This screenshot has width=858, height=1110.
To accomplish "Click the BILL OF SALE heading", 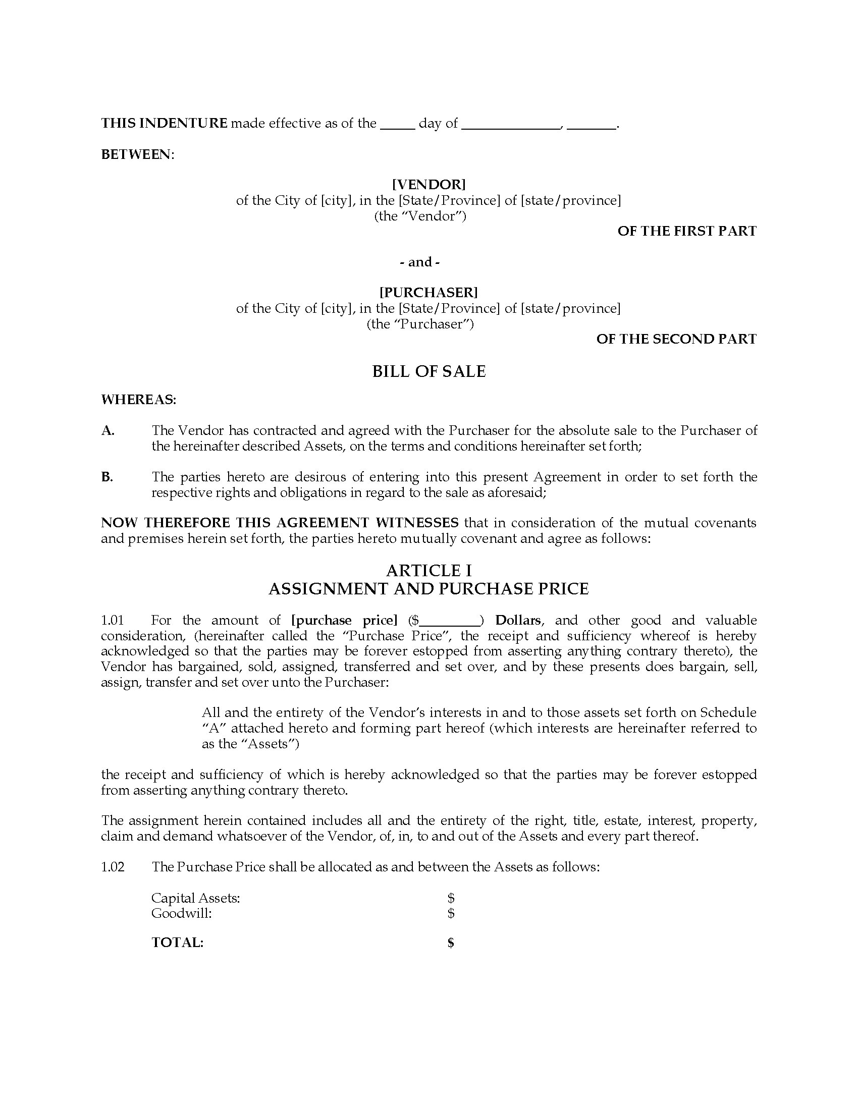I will [x=428, y=371].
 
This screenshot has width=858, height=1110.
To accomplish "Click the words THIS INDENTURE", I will [x=164, y=124].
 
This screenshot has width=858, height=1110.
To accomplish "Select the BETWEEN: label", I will [x=137, y=154].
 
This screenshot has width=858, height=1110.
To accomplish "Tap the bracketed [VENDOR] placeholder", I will [x=428, y=184].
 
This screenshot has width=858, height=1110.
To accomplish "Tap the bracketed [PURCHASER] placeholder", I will [x=428, y=292].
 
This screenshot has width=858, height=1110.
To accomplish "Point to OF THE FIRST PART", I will [x=687, y=231].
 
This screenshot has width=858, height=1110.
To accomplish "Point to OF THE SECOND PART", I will [x=676, y=339].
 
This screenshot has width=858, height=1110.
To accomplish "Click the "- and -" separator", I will [x=420, y=262].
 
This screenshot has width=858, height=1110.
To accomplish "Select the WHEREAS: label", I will [x=138, y=400].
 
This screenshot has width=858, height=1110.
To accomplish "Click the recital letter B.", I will [x=106, y=477].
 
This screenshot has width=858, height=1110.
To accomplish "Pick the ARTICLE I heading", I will [x=428, y=570].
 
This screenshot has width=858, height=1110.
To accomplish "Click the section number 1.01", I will [x=113, y=621].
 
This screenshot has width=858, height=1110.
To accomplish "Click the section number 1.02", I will [x=113, y=867].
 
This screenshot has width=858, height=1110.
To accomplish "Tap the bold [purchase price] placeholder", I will [x=344, y=621].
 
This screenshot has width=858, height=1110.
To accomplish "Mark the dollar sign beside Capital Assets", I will [x=450, y=898].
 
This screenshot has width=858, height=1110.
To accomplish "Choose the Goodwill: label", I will [x=182, y=913].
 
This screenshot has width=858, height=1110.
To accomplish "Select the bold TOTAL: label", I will [x=177, y=943].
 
